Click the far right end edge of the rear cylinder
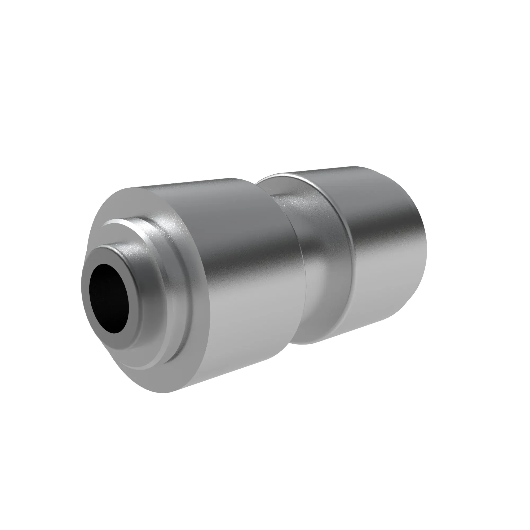[426, 247]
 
